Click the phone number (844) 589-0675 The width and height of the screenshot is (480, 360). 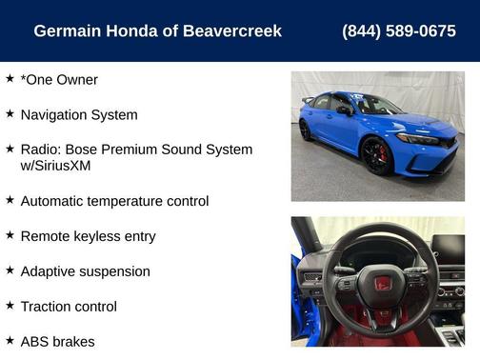click(x=398, y=31)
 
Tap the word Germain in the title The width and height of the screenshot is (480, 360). click(x=66, y=31)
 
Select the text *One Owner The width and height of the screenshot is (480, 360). click(x=59, y=80)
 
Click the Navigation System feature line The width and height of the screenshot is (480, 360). click(x=79, y=115)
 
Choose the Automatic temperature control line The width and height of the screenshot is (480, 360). click(x=114, y=201)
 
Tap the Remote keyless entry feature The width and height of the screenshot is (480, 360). click(x=88, y=236)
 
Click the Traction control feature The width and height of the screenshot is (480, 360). click(x=69, y=307)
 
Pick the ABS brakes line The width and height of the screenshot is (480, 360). click(x=57, y=341)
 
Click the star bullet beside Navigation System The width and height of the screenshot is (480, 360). click(x=10, y=113)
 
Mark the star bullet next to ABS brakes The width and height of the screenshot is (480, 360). click(x=10, y=339)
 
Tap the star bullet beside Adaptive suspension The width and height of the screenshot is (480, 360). click(x=10, y=270)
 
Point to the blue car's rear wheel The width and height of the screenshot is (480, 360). click(x=306, y=130)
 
